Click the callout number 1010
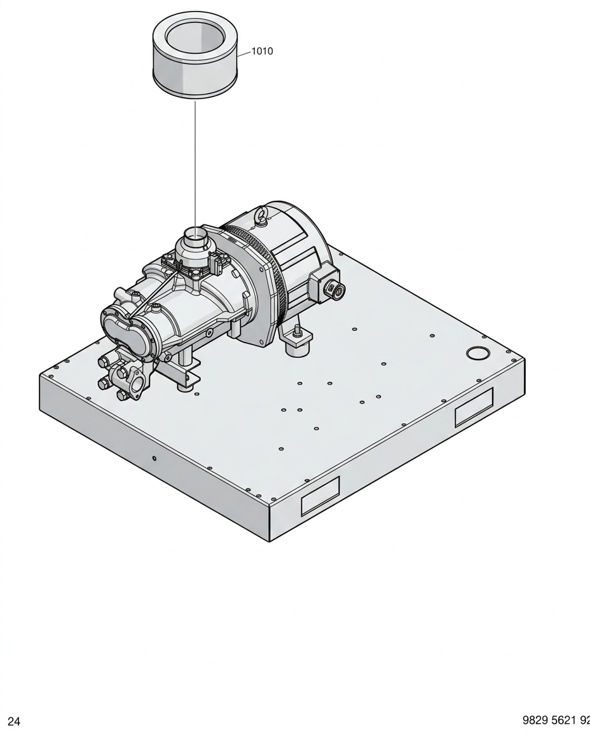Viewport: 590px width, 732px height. pos(262,51)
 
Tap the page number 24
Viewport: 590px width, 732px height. pos(14,721)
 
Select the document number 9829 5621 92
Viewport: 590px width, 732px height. pos(556,721)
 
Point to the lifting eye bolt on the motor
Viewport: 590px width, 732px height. pos(260,217)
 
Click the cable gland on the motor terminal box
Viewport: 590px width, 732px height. pos(336,291)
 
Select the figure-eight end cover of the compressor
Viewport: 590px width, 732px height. pos(125,331)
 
